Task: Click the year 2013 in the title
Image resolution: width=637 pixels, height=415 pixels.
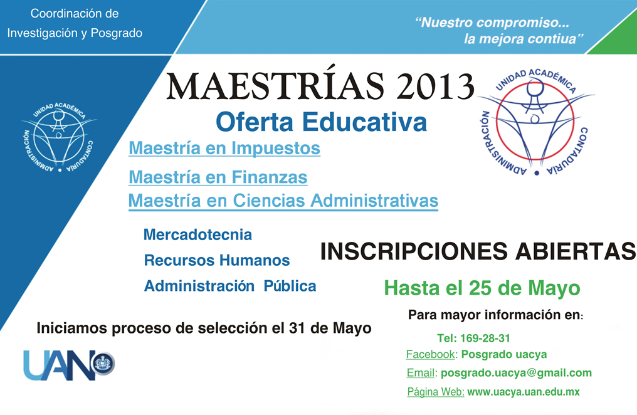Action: [x=434, y=86]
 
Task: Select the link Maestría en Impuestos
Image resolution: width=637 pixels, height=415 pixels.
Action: [x=224, y=148]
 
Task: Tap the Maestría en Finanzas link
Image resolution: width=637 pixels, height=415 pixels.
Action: [x=218, y=177]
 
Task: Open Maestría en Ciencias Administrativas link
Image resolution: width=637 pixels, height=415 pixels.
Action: [x=283, y=201]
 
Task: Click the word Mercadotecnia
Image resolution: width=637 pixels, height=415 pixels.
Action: [x=197, y=234]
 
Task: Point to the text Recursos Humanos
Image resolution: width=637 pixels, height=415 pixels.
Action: [x=217, y=260]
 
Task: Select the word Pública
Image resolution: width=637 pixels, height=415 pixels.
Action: [x=290, y=286]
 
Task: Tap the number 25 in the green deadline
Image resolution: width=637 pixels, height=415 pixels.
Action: [x=481, y=288]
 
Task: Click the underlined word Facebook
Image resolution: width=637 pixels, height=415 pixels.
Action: [x=430, y=354]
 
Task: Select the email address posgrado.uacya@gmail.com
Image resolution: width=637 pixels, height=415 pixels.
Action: [x=516, y=373]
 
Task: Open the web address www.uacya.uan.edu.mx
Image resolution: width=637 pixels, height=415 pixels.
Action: [x=524, y=392]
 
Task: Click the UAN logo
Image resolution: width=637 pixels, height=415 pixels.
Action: [x=69, y=365]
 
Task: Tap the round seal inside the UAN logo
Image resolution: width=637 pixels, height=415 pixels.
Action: [x=103, y=364]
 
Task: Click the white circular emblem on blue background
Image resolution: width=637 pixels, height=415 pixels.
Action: [x=60, y=137]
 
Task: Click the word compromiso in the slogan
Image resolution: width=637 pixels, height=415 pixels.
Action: [x=524, y=23]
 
